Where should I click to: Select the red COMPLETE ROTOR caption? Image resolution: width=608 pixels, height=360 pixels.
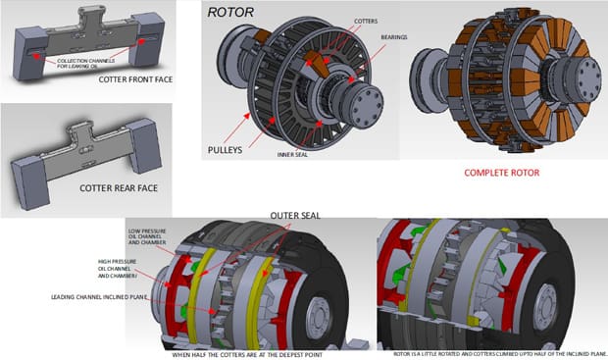point(502,173)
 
